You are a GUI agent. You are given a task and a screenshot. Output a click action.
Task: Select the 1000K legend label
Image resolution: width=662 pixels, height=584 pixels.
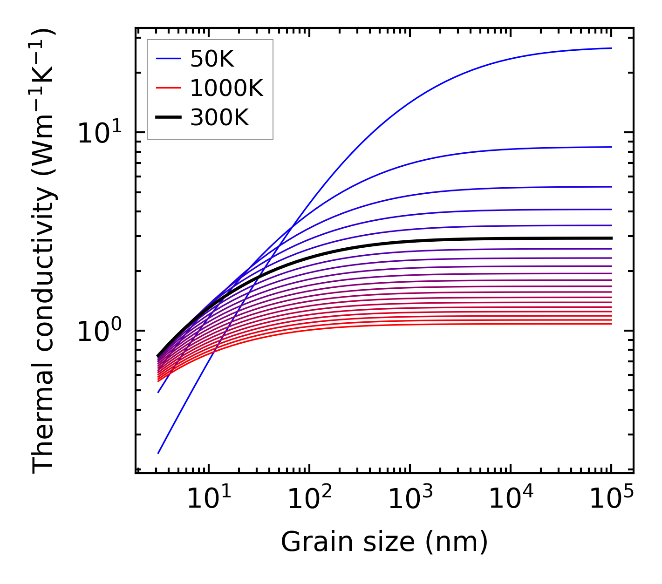tap(227, 88)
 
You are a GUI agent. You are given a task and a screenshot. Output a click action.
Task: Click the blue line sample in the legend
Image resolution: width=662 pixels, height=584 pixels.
tap(168, 59)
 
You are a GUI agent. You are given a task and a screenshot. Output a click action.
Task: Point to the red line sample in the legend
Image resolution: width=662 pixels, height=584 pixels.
tap(168, 88)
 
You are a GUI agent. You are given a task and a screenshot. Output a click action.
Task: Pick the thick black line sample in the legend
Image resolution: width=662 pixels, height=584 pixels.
tap(168, 118)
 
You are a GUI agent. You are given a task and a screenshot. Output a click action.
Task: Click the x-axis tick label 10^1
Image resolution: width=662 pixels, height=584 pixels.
tap(208, 500)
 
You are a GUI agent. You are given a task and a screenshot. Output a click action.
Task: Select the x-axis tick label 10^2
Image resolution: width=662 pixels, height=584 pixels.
tap(309, 500)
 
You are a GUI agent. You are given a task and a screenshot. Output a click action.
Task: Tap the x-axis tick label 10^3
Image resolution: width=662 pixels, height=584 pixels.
tap(409, 500)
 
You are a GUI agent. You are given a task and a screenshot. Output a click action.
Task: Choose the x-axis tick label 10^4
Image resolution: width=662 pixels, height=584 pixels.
tap(511, 500)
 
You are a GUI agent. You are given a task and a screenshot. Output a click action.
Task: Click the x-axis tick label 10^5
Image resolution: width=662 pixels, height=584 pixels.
tap(611, 500)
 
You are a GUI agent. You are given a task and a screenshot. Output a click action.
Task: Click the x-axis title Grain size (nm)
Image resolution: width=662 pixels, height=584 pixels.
tap(384, 542)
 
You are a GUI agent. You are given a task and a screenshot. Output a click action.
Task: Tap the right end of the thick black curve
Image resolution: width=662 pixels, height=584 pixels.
tap(611, 238)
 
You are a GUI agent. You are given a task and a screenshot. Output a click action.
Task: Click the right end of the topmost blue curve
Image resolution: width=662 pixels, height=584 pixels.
tap(611, 48)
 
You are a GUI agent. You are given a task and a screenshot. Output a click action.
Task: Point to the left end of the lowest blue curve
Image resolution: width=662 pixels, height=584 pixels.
tap(158, 453)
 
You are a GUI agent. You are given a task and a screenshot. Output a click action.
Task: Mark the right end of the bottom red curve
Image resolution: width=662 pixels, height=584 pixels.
tap(611, 324)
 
